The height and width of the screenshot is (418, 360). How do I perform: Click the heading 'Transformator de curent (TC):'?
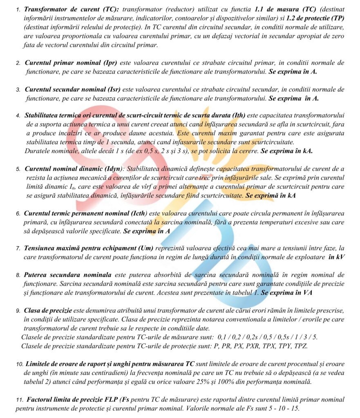coord(72,9)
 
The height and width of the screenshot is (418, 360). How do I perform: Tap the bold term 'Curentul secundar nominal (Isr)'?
coord(72,89)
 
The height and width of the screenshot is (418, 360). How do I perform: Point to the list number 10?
coord(20,364)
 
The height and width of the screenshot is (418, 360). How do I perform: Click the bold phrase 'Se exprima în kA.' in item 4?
coord(286,151)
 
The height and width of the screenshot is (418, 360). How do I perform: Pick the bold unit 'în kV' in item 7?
coord(334,257)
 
